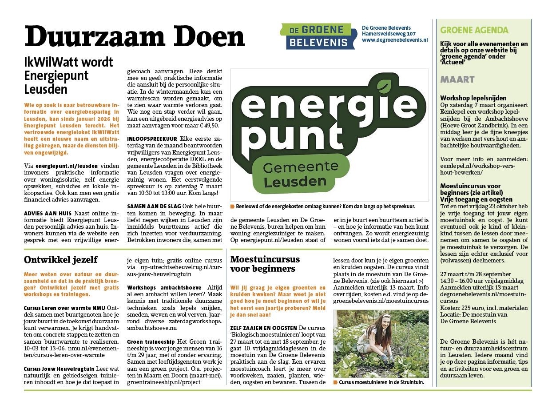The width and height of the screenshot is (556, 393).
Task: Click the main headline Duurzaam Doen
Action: tap(135, 36)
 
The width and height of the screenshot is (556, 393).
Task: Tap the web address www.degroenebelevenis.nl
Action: tap(394, 40)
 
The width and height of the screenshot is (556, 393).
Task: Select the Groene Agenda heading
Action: tap(474, 30)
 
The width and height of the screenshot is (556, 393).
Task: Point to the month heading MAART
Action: tap(457, 79)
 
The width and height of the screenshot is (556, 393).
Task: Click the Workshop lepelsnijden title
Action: tap(473, 98)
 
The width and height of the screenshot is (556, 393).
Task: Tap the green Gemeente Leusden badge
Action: tap(294, 175)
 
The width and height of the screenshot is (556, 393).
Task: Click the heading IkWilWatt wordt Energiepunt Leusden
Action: tap(68, 75)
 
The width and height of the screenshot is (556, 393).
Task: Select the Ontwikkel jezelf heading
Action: tap(61, 259)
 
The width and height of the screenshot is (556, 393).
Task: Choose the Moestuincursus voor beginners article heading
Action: tap(265, 264)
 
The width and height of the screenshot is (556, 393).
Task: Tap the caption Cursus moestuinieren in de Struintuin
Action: tap(381, 382)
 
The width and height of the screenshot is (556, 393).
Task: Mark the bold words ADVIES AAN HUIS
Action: tap(48, 214)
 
